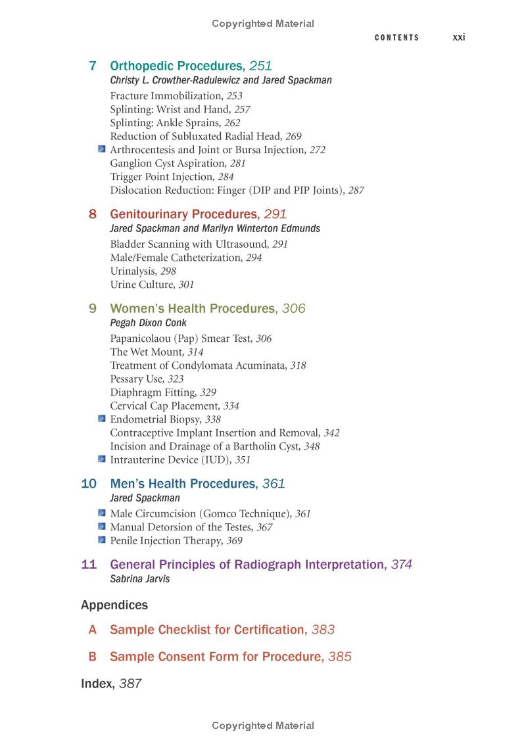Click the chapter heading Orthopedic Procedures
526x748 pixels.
click(176, 66)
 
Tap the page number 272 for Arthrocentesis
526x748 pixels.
click(318, 150)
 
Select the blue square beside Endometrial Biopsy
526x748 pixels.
click(102, 419)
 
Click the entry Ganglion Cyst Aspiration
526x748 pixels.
click(168, 163)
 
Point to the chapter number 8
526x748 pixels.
click(93, 214)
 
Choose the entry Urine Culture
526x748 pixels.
click(143, 285)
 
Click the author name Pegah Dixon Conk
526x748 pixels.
click(148, 323)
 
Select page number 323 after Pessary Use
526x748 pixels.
click(176, 379)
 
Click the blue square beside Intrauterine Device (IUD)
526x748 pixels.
click(102, 459)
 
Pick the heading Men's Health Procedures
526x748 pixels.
click(183, 484)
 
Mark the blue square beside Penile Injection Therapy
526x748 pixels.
click(102, 540)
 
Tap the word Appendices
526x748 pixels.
click(114, 605)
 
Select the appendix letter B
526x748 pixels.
click(93, 657)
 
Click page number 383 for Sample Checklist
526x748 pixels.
click(323, 630)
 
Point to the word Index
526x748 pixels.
click(96, 684)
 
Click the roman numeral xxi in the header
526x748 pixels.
click(459, 37)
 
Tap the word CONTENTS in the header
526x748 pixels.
click(396, 38)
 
